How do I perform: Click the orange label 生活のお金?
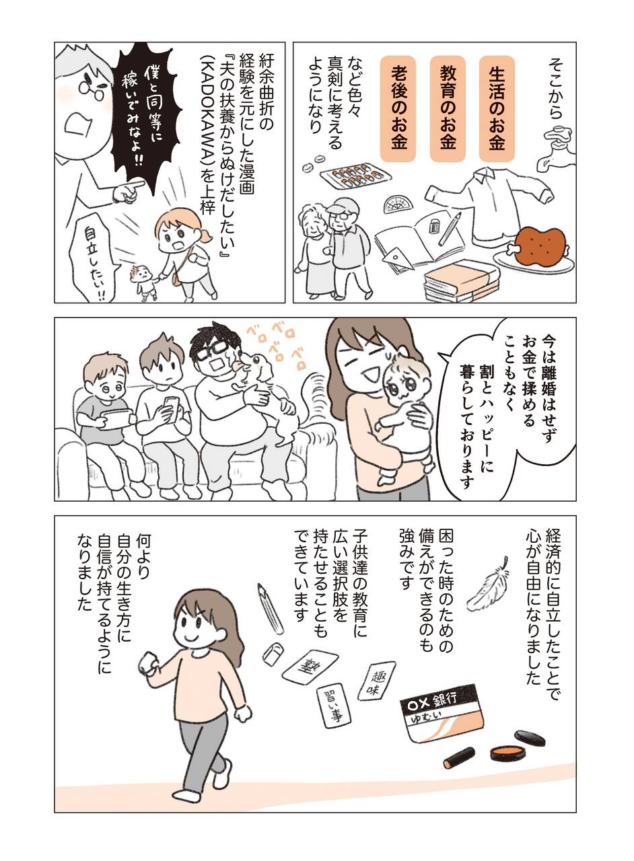pyautogui.click(x=497, y=108)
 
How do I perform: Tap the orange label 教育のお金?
pyautogui.click(x=448, y=108)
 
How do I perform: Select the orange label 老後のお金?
pyautogui.click(x=398, y=108)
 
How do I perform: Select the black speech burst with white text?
pyautogui.click(x=143, y=112)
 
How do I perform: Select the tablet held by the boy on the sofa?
pyautogui.click(x=114, y=419)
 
